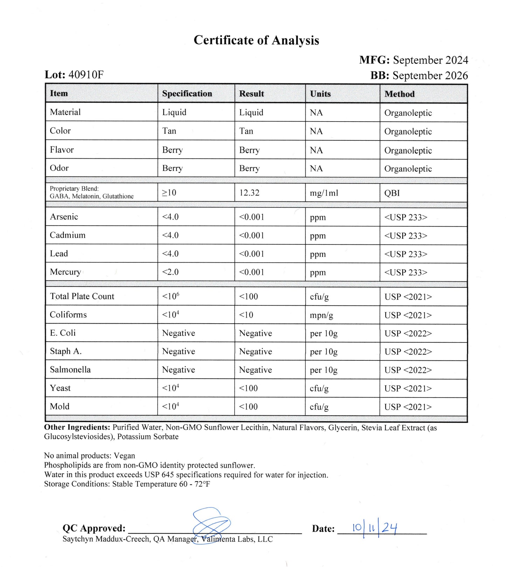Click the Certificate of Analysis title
[x=256, y=40]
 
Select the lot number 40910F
[x=86, y=75]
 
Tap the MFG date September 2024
[x=430, y=60]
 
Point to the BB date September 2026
[x=430, y=76]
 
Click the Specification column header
[x=187, y=94]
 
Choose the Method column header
[x=399, y=94]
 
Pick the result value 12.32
[x=249, y=193]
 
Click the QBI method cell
[x=392, y=193]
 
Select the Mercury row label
[x=65, y=272]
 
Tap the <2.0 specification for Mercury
[x=170, y=272]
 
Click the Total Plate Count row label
[x=82, y=296]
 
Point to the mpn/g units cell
[x=321, y=315]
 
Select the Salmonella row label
[x=70, y=370]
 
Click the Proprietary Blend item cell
[x=91, y=193]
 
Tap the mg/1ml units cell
[x=324, y=193]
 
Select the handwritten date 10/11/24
[x=375, y=528]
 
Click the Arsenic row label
[x=64, y=217]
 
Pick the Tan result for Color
[x=246, y=131]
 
